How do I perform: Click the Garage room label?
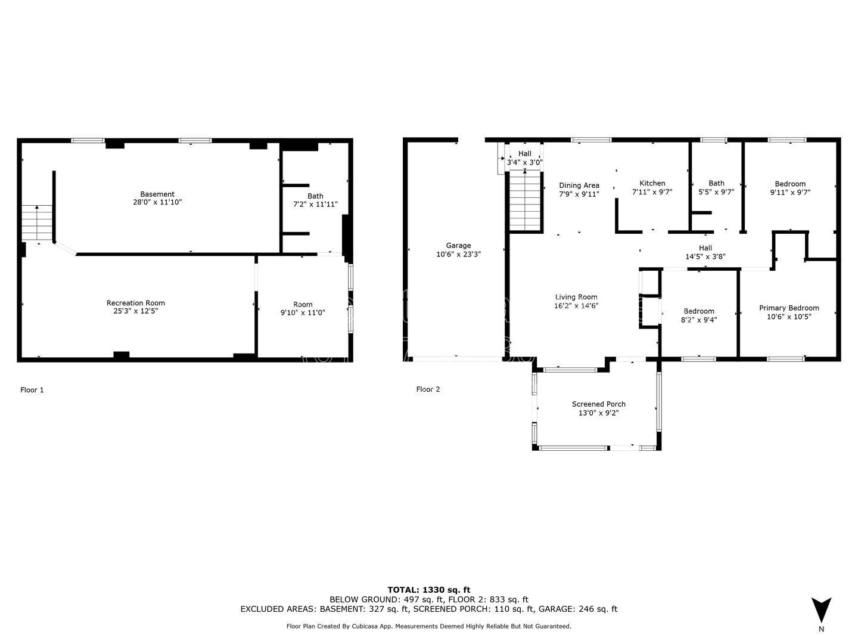(x=458, y=246)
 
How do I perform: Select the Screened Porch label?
(x=598, y=404)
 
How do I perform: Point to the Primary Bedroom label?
(x=789, y=308)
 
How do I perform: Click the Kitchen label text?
(x=652, y=184)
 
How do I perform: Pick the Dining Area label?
(x=579, y=185)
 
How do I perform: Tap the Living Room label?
(x=576, y=297)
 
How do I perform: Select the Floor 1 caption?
(x=32, y=390)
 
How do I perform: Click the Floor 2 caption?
(x=428, y=389)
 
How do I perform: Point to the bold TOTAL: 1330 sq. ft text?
(x=429, y=590)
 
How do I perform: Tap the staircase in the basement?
(x=37, y=223)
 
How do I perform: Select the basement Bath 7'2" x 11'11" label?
(x=315, y=200)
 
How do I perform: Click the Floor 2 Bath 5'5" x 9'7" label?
(x=716, y=188)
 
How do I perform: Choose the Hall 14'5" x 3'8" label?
(x=705, y=252)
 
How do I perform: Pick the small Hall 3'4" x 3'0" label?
(x=524, y=158)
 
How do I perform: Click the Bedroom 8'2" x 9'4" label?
(x=698, y=315)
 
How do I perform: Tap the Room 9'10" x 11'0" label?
(x=303, y=308)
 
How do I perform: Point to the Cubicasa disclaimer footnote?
(x=429, y=626)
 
